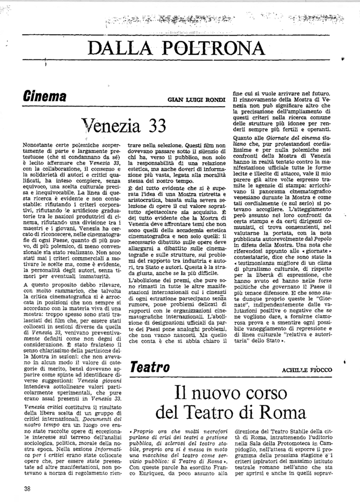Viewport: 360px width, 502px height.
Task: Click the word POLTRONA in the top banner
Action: (x=220, y=48)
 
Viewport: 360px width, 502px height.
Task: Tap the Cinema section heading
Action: (x=44, y=97)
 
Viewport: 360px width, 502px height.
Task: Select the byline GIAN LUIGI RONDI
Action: (x=197, y=100)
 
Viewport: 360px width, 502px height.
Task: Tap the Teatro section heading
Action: (x=149, y=366)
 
